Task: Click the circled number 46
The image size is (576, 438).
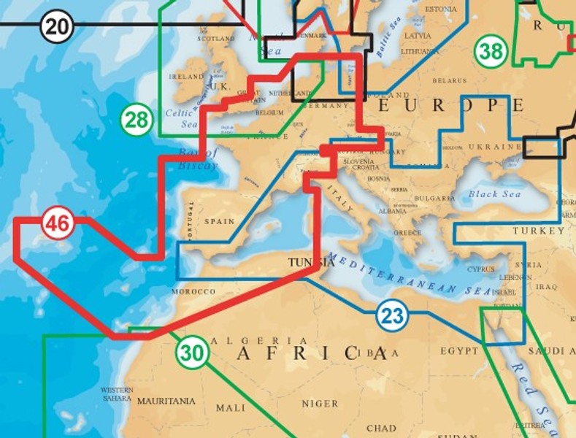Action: [57, 223]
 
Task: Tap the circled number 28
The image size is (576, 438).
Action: [137, 119]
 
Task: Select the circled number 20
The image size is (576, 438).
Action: [57, 27]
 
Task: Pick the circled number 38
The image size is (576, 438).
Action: [491, 51]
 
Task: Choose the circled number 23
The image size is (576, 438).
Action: [392, 316]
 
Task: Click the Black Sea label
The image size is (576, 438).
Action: [494, 194]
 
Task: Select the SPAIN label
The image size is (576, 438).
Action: [219, 221]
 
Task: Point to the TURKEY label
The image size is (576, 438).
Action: [537, 231]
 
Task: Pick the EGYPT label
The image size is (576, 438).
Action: [458, 351]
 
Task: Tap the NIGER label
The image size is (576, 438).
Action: [320, 403]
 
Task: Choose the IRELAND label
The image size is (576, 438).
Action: [186, 76]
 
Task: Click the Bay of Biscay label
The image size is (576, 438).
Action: [197, 159]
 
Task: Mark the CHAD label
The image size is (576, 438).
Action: [381, 429]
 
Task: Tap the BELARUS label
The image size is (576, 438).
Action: [449, 80]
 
